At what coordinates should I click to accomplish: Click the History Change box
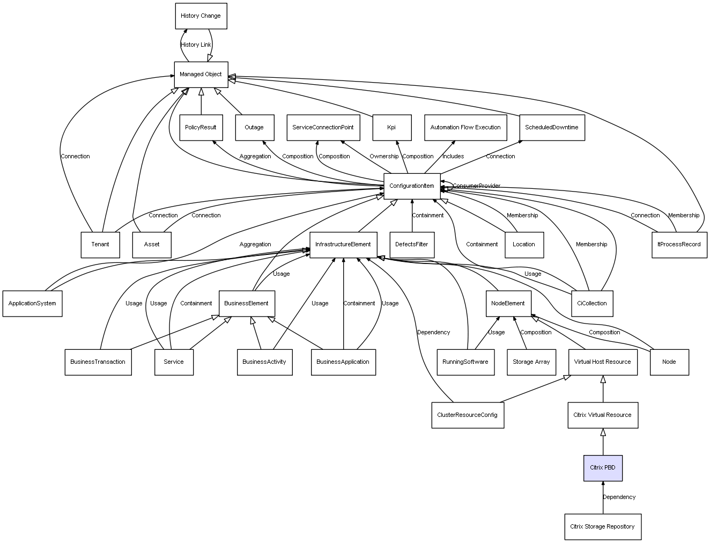(201, 16)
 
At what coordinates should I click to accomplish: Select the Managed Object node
(201, 75)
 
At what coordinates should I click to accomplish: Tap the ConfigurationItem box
(412, 186)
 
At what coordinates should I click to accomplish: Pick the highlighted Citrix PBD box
(603, 468)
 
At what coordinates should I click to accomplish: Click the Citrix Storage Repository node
(602, 527)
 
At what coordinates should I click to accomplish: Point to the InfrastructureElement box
(343, 245)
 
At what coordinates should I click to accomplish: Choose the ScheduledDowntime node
(552, 128)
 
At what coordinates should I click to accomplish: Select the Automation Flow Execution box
(465, 128)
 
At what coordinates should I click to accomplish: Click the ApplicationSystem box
(32, 304)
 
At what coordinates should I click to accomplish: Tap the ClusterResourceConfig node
(467, 415)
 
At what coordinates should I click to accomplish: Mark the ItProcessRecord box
(679, 245)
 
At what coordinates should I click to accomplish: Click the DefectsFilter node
(412, 245)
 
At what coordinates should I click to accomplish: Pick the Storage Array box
(531, 362)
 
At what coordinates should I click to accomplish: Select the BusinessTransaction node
(98, 362)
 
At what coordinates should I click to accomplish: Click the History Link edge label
(196, 45)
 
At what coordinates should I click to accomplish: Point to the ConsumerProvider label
(476, 186)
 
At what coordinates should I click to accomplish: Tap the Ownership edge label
(384, 157)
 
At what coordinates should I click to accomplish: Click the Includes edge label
(453, 157)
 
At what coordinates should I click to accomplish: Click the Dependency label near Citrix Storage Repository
(619, 497)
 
